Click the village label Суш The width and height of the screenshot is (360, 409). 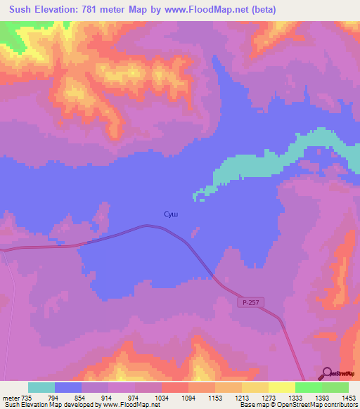click(171, 214)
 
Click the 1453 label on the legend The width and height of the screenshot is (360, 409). click(349, 398)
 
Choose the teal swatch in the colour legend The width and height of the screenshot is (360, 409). click(41, 387)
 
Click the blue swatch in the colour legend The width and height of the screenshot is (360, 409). click(68, 387)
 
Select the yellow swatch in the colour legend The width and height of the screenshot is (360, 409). click(282, 387)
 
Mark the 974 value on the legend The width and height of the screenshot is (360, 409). click(135, 398)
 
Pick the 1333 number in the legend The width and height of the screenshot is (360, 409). click(296, 398)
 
